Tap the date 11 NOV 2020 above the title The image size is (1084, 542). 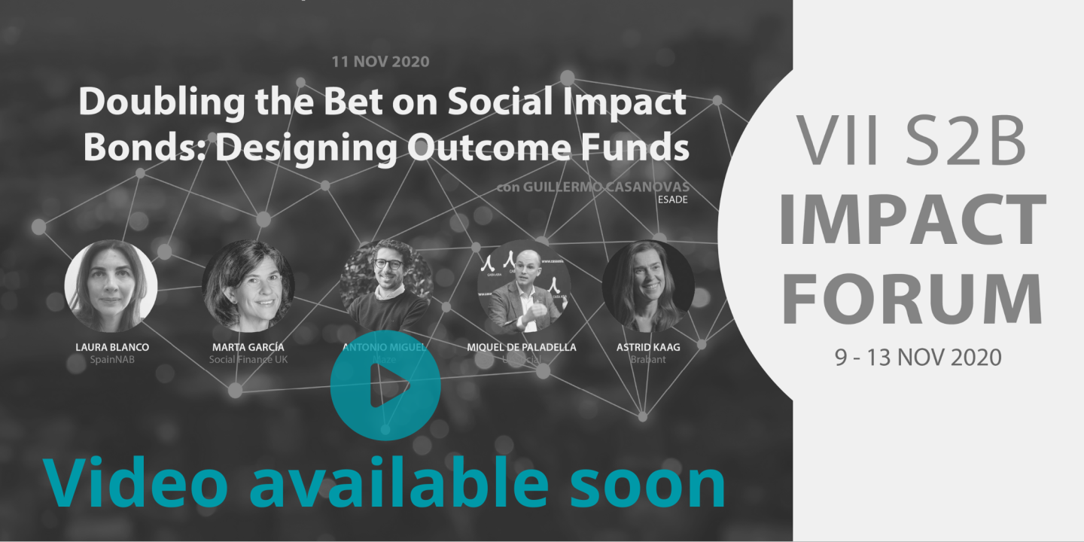380,61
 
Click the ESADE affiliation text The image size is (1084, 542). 674,199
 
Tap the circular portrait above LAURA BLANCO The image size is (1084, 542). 111,286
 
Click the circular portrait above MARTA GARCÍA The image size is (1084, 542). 248,286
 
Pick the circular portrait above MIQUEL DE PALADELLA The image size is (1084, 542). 524,286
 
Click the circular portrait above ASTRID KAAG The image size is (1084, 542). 648,286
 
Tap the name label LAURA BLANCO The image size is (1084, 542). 112,347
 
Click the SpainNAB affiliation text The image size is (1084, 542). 112,360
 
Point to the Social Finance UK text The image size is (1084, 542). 248,360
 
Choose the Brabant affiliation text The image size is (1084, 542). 648,360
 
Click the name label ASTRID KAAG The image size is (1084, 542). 648,347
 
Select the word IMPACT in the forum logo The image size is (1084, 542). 912,219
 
